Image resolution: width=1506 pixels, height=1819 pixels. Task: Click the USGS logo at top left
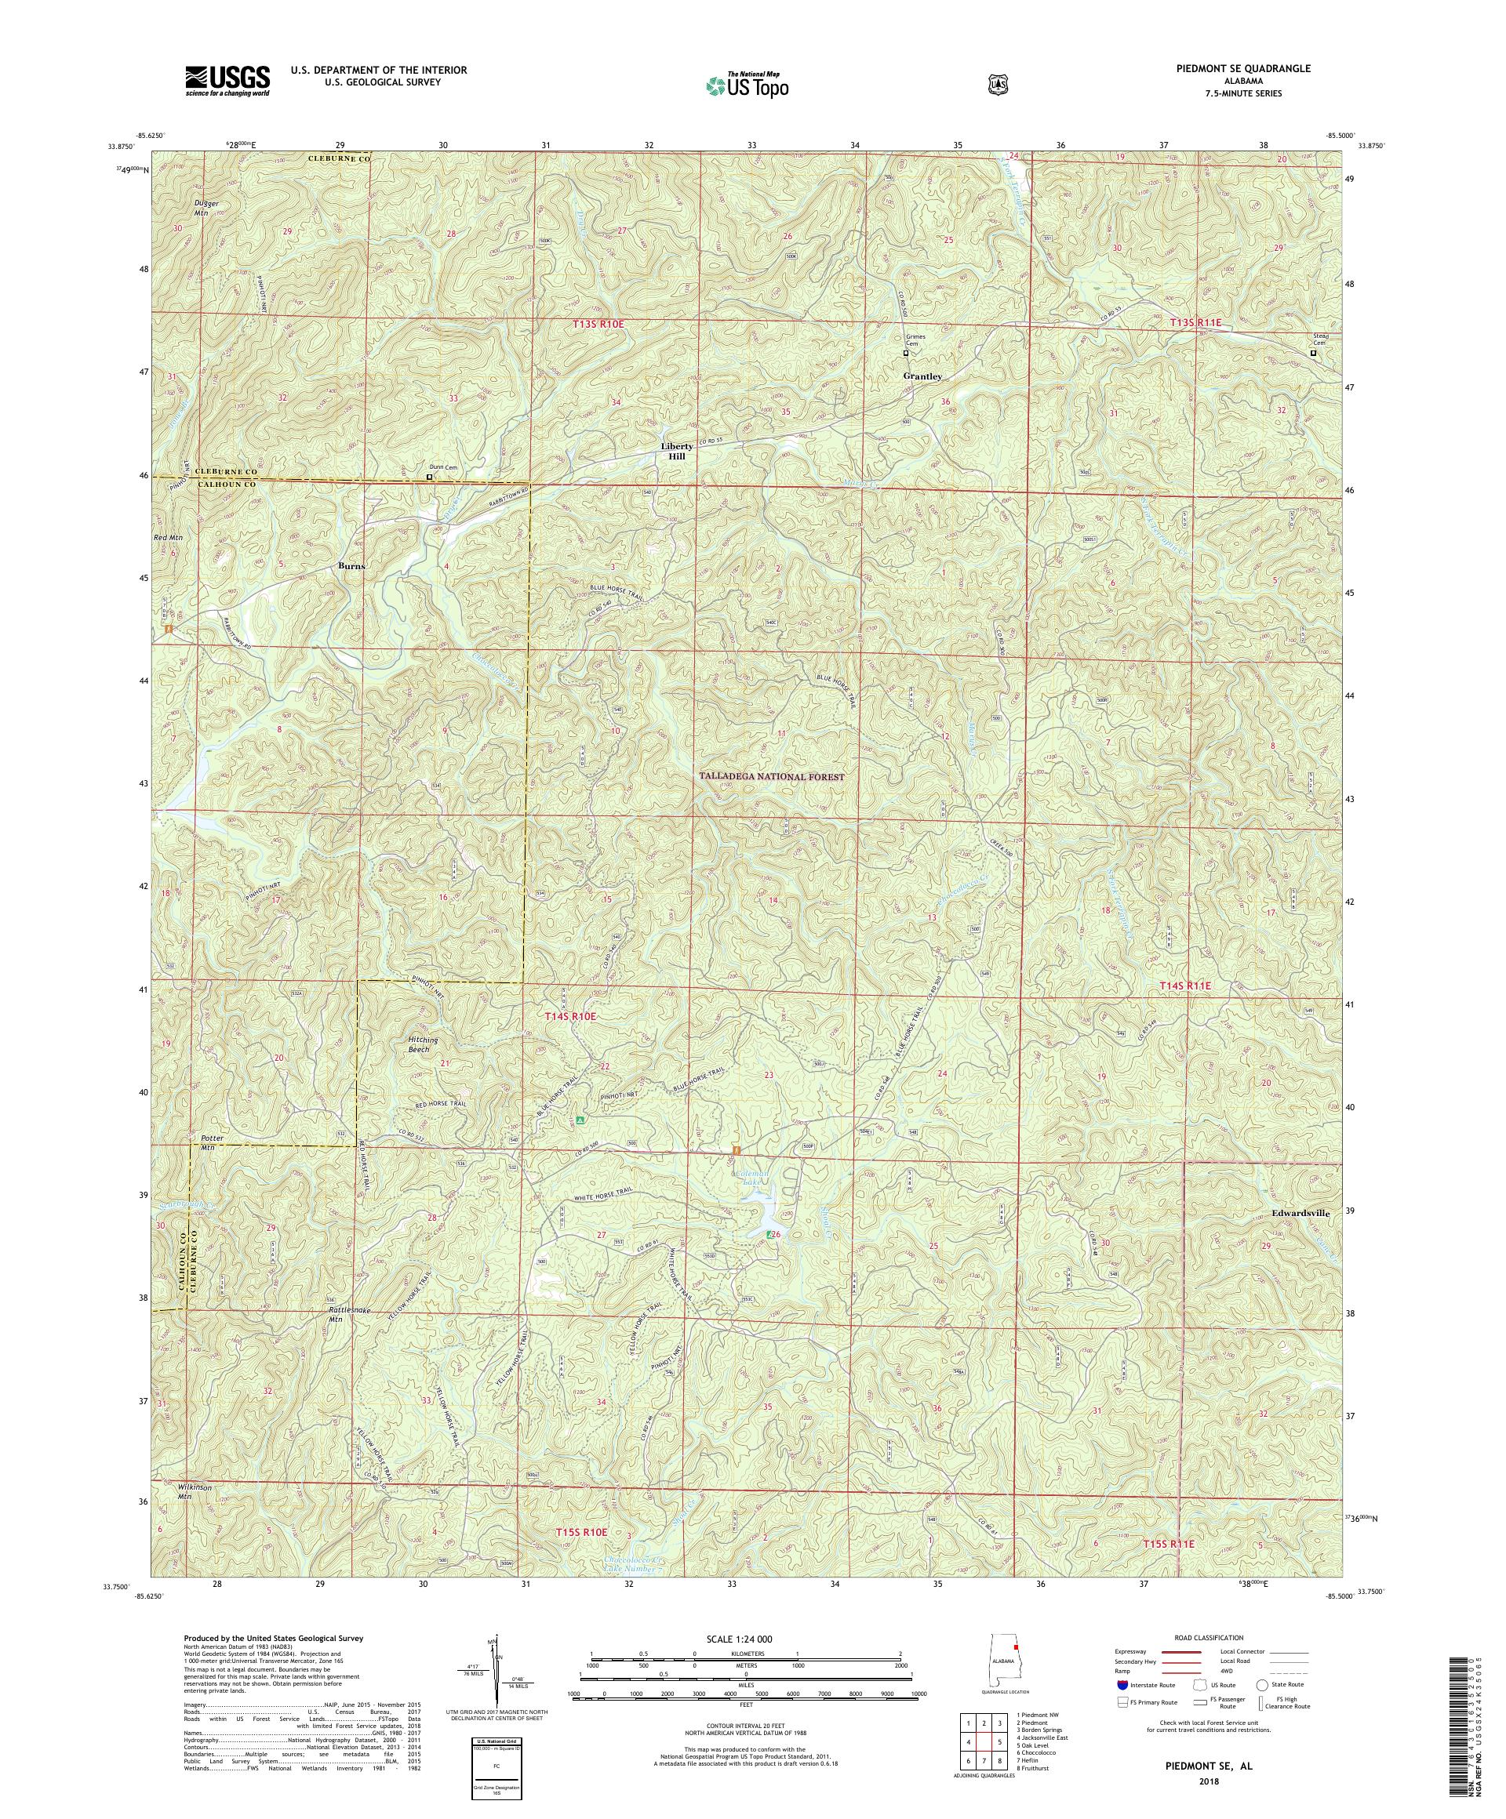coord(227,82)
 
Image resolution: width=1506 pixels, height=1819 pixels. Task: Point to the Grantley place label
coord(922,377)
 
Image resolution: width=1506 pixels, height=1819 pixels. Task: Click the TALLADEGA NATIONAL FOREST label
coord(771,777)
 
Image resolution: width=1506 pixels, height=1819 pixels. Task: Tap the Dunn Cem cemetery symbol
coord(430,477)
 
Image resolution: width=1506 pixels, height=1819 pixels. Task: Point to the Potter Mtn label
coord(213,1142)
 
